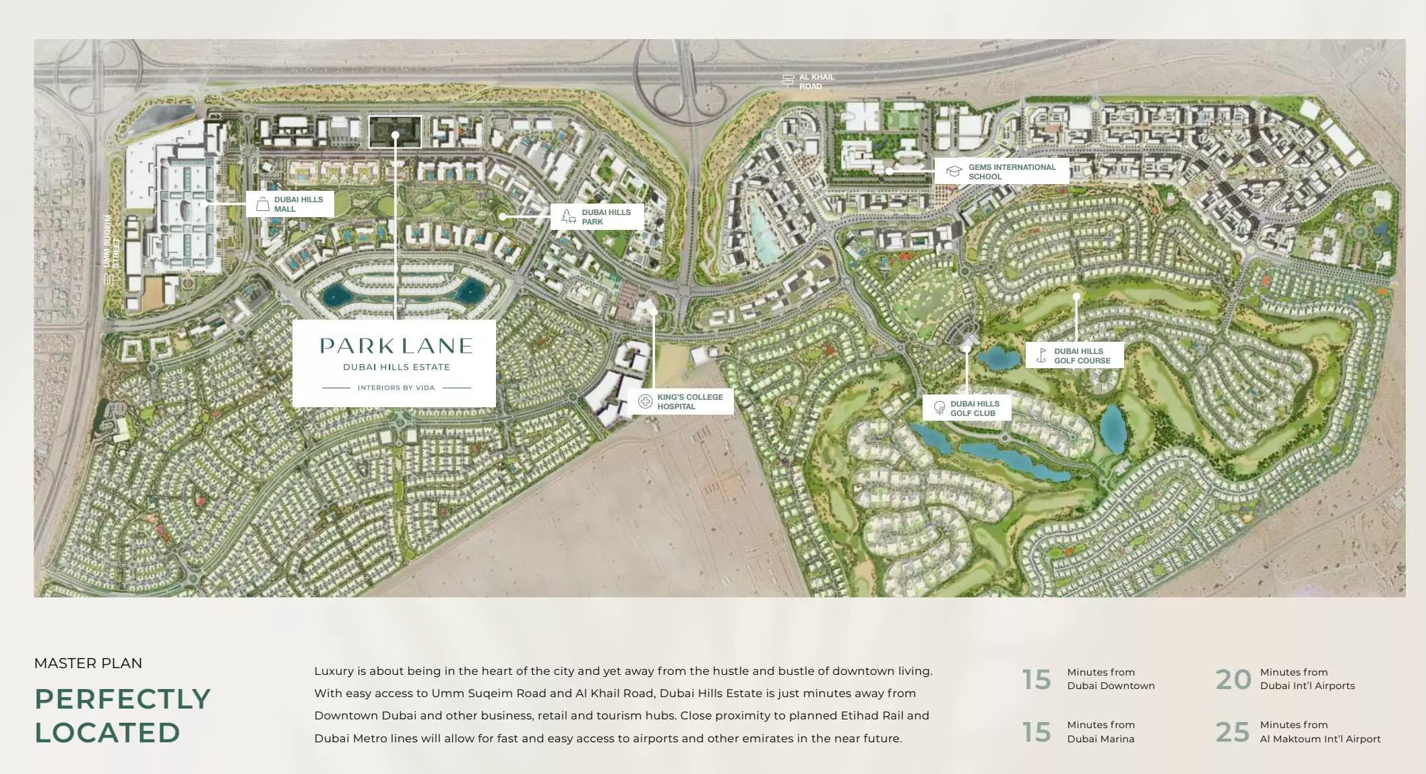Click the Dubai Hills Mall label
[298, 204]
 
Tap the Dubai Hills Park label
[606, 217]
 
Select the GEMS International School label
[1011, 172]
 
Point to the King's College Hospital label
[689, 402]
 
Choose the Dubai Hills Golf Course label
[1082, 356]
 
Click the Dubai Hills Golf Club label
[974, 409]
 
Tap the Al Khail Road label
[816, 82]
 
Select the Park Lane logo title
[396, 347]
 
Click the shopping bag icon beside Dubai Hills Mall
[263, 204]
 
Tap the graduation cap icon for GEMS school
[954, 171]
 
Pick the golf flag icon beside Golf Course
[1042, 355]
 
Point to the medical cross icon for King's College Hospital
[646, 402]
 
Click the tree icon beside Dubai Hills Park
[569, 217]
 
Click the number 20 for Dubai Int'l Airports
[1233, 680]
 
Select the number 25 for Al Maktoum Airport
[1232, 732]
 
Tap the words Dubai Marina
[1100, 739]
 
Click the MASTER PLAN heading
[88, 663]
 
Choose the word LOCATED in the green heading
[107, 733]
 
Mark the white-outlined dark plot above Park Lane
[395, 131]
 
